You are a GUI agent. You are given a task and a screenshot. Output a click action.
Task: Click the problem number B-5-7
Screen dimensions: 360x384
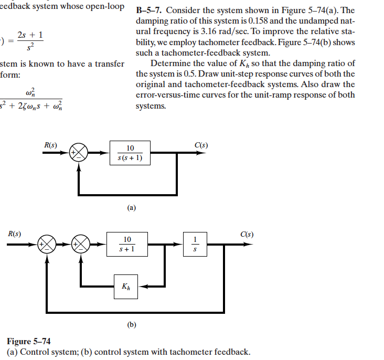coord(148,11)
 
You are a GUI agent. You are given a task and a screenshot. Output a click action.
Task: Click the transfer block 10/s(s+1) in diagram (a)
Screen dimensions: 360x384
coord(130,153)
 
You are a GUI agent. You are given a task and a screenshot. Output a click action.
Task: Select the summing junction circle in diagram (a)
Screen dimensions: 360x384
coord(79,153)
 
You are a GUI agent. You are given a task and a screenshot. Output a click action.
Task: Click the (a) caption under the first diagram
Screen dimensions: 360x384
coord(131,208)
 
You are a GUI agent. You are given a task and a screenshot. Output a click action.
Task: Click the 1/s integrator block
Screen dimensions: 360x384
coord(195,244)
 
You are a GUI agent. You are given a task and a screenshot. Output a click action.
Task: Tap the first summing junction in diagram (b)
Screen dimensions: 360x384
coord(48,244)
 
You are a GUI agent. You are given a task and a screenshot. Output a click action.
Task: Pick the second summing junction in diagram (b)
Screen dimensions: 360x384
coord(82,244)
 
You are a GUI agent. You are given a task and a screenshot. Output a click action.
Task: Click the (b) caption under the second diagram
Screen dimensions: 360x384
coord(131,325)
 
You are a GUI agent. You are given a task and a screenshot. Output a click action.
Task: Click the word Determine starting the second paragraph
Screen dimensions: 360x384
coord(169,63)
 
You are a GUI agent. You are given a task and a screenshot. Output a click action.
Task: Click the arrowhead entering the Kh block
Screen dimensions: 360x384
coord(145,287)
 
